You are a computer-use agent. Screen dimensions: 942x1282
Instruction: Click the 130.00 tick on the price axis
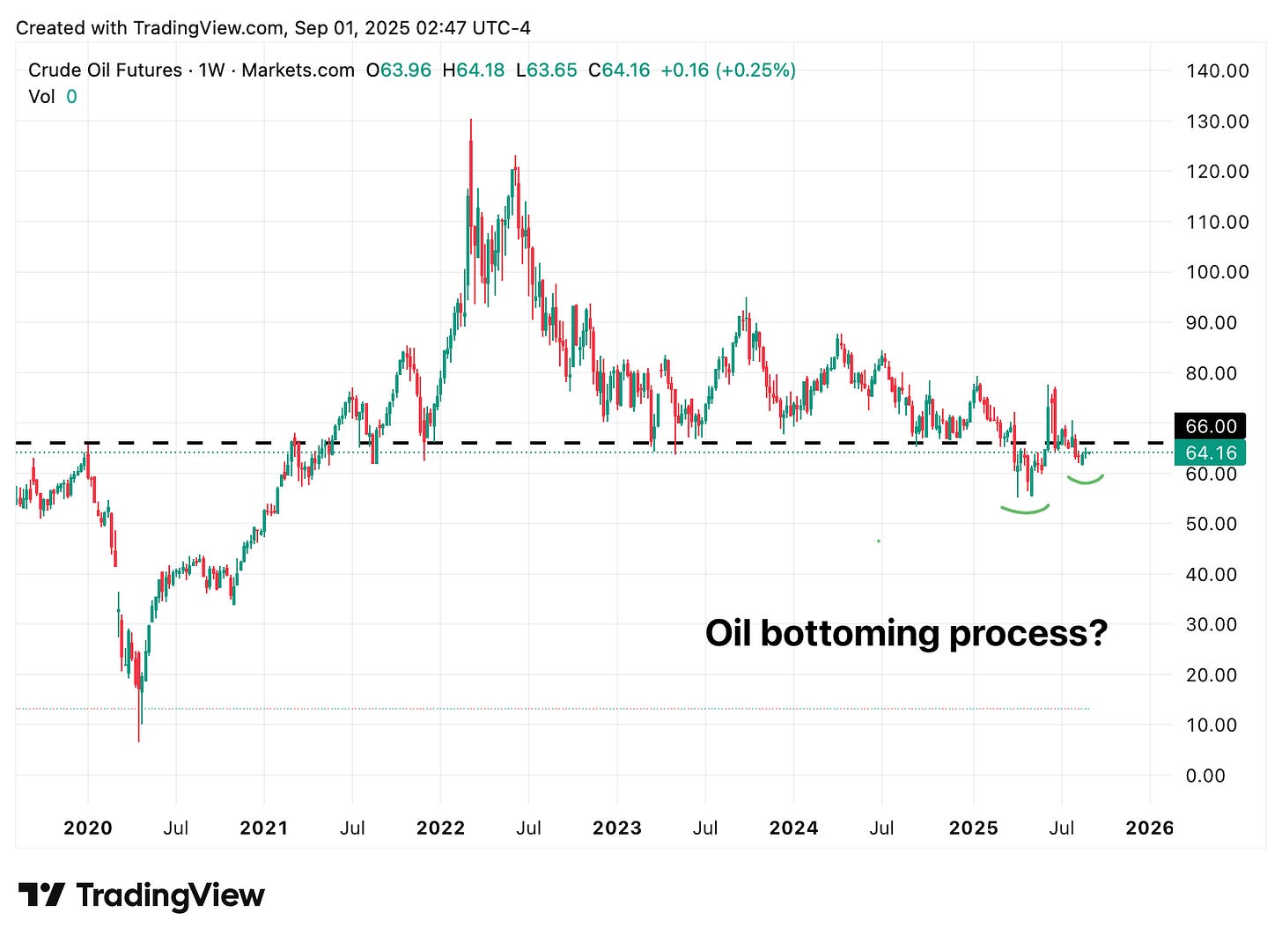[x=1217, y=121]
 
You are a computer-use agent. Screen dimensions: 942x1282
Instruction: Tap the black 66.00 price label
[x=1211, y=426]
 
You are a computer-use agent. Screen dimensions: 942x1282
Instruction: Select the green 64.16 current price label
[x=1211, y=453]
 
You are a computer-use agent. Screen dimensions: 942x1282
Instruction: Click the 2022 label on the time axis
[x=440, y=828]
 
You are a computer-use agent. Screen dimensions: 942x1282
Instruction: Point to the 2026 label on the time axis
[x=1150, y=828]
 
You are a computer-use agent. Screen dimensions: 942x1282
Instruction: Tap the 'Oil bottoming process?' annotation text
[x=906, y=633]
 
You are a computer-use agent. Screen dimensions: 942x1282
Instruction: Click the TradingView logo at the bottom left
[x=141, y=895]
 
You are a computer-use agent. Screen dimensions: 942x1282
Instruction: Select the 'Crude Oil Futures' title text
[x=105, y=70]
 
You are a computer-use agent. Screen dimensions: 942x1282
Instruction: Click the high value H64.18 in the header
[x=474, y=70]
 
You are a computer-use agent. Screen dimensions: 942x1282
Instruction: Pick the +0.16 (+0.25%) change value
[x=727, y=70]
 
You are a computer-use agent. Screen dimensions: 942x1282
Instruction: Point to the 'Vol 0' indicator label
[x=52, y=97]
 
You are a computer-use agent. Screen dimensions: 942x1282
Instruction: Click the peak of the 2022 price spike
[x=471, y=120]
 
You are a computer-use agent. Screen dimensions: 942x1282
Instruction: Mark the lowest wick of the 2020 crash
[x=139, y=740]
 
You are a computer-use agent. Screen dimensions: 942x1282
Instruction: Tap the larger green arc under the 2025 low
[x=1025, y=510]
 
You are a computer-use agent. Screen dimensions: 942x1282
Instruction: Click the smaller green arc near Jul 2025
[x=1086, y=481]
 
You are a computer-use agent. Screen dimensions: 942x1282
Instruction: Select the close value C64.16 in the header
[x=619, y=70]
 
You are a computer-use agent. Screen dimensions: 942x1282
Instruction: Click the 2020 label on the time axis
[x=88, y=828]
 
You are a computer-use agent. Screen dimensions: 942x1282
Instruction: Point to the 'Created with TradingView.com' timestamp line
[x=273, y=27]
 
